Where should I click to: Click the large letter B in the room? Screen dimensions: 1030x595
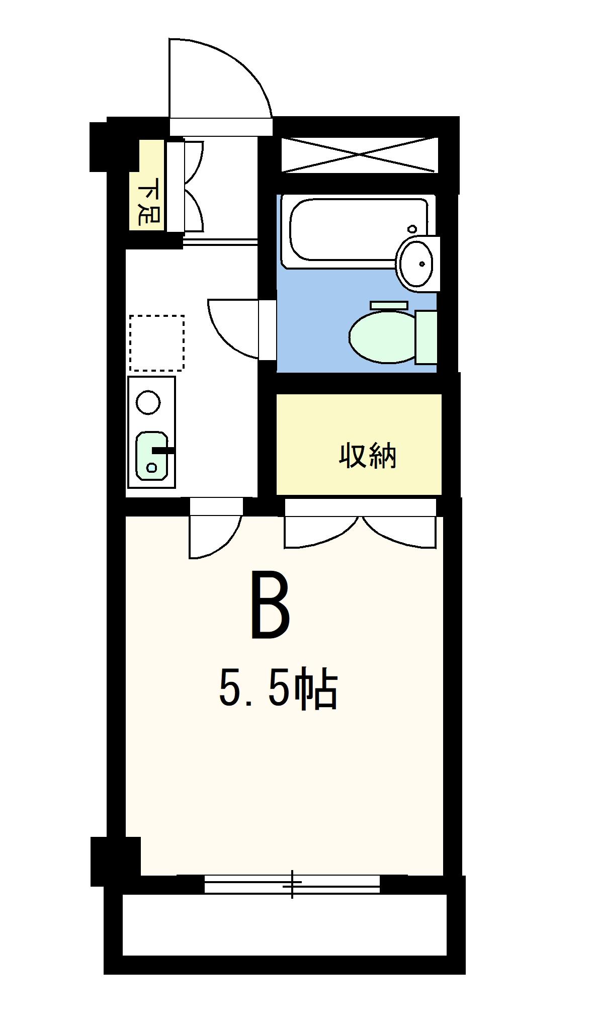coord(271,606)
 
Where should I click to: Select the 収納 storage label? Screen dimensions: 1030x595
coord(368,456)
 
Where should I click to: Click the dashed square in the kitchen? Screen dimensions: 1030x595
coord(156,342)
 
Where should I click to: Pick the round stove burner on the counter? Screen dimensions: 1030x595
coord(148,402)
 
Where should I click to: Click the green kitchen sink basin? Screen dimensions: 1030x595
coord(151,455)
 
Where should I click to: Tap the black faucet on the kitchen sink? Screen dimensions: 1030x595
coord(163,451)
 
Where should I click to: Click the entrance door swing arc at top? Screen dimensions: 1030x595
coord(221,80)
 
